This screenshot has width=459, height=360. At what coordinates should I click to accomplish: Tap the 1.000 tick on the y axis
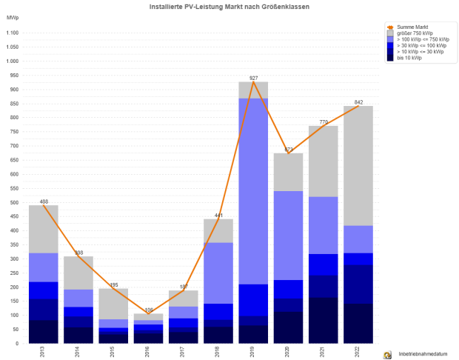(x=12, y=61)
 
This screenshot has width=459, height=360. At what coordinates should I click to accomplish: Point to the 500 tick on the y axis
(x=13, y=202)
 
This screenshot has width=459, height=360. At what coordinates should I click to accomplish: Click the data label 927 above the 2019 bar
(x=253, y=78)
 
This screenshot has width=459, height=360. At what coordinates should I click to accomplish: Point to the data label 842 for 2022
(x=358, y=102)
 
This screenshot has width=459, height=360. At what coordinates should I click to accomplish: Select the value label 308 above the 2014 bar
(x=78, y=253)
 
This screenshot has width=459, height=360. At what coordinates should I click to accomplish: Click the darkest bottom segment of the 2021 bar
(x=323, y=320)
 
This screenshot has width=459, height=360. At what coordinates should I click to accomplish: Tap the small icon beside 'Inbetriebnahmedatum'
(x=386, y=355)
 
